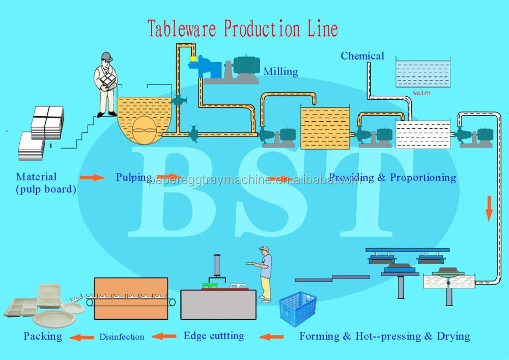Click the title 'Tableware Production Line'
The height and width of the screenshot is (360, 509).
point(243,29)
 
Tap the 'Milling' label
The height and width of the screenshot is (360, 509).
point(280,72)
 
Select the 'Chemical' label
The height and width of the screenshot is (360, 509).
point(362,56)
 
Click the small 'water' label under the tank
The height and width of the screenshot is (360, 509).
point(422,93)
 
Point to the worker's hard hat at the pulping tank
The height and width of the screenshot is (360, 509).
point(106,57)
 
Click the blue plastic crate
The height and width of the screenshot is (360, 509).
point(298,309)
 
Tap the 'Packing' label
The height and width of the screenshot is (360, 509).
point(43,336)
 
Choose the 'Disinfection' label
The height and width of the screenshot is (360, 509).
point(122,337)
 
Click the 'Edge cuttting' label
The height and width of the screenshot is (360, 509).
point(213,336)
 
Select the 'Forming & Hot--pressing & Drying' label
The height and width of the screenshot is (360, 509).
point(384,336)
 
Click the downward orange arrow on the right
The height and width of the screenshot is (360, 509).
point(489,209)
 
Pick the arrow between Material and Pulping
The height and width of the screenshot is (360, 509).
point(92,177)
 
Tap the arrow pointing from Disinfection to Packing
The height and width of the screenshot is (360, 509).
point(81,337)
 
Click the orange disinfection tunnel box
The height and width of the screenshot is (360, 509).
point(131,298)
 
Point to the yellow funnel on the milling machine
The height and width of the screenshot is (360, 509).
point(192,59)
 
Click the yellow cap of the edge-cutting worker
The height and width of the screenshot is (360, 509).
point(263,249)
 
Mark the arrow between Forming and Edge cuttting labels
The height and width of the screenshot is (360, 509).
point(272,337)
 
